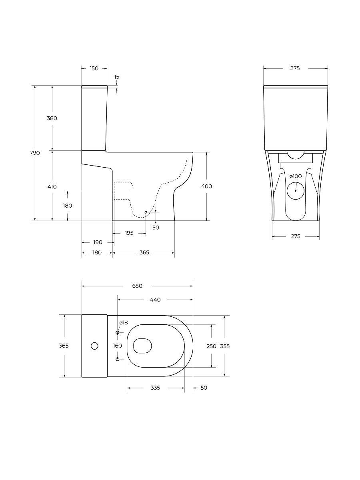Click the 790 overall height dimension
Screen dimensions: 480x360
click(x=34, y=152)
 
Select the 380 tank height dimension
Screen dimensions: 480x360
click(x=52, y=118)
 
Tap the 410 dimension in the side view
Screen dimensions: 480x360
click(x=52, y=186)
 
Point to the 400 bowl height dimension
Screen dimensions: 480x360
click(x=207, y=186)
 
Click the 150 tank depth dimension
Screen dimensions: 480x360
click(x=94, y=68)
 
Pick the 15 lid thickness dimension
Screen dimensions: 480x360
click(x=116, y=77)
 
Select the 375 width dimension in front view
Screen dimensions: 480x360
click(x=295, y=68)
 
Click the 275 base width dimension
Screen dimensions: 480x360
click(x=295, y=236)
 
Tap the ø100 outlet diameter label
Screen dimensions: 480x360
click(x=296, y=176)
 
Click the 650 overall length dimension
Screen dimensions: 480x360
click(x=137, y=286)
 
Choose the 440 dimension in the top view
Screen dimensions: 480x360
click(x=155, y=300)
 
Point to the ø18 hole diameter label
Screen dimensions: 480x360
click(x=123, y=322)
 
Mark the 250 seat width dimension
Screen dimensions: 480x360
click(x=211, y=346)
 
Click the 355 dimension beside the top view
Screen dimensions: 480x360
click(x=225, y=346)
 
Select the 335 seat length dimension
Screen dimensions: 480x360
click(x=155, y=388)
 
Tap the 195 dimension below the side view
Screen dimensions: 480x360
click(x=129, y=233)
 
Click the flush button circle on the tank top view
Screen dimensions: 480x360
click(x=95, y=346)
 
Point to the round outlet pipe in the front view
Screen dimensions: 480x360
click(x=296, y=190)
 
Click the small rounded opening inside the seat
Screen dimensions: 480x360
click(x=143, y=346)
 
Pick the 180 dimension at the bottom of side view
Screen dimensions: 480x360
click(x=97, y=252)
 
